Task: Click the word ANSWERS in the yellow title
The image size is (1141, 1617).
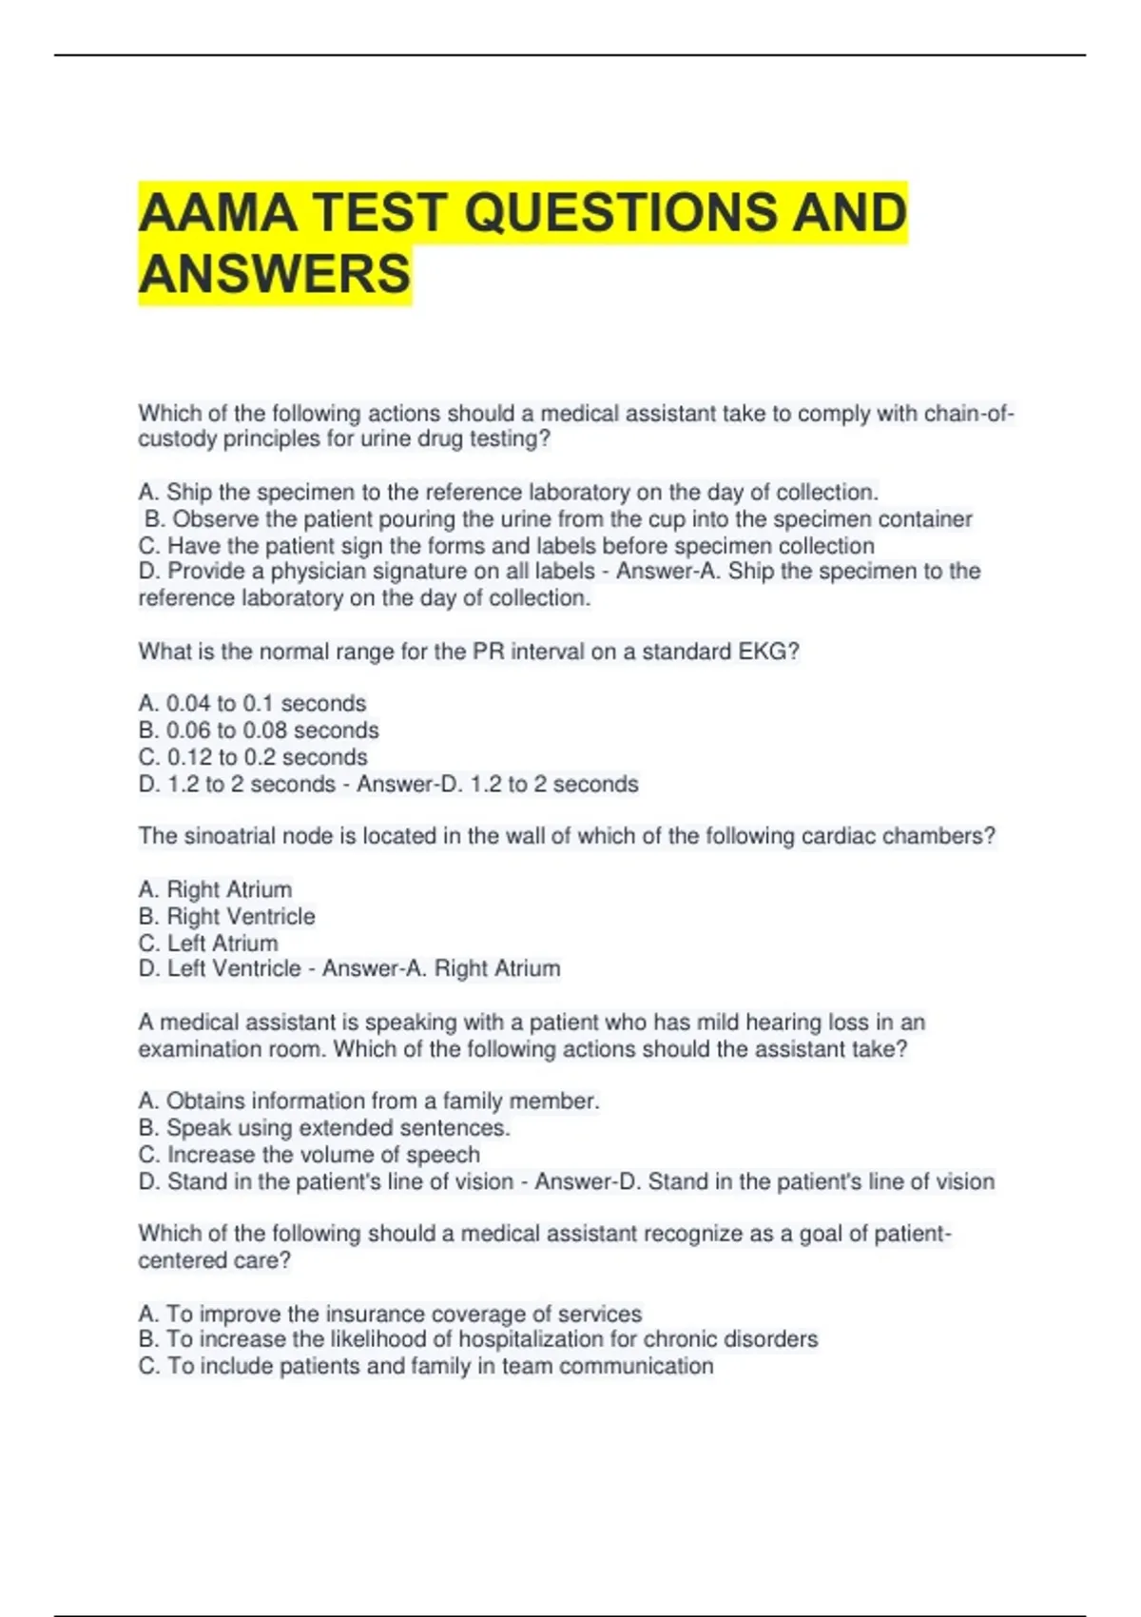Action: [275, 274]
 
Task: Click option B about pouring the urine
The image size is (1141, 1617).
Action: [558, 519]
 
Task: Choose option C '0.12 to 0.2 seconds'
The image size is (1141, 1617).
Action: [253, 757]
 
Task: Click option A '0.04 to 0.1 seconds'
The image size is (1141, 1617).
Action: [252, 704]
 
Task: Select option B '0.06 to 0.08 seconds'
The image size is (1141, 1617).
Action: [259, 731]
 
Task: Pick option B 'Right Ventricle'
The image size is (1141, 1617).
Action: [226, 917]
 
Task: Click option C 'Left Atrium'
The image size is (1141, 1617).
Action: [208, 944]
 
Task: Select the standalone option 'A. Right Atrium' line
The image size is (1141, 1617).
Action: [215, 890]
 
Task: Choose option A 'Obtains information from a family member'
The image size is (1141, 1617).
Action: [369, 1101]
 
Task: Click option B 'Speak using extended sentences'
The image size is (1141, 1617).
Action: [324, 1128]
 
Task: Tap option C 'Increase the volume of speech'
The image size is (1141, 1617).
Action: [309, 1155]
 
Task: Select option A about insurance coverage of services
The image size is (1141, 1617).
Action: [390, 1314]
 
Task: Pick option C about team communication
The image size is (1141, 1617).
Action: [426, 1366]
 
